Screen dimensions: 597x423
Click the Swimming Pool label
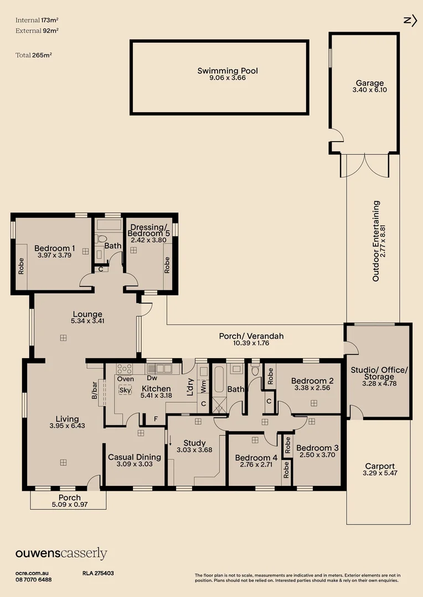(x=228, y=71)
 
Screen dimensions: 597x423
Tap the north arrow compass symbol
(x=410, y=20)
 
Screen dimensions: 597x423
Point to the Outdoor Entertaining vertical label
(x=376, y=241)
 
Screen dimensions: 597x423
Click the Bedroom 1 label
(x=54, y=248)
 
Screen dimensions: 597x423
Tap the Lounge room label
(x=86, y=315)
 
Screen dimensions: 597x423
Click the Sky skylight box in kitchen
(x=125, y=390)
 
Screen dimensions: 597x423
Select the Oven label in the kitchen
(x=125, y=379)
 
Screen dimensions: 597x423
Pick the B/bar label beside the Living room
(x=94, y=390)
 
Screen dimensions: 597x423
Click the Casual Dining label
(x=135, y=457)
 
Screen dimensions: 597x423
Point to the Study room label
(x=194, y=443)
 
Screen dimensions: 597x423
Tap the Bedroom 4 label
(x=256, y=458)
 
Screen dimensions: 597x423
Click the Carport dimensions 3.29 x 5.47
(x=379, y=473)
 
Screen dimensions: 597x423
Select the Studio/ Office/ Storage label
(x=379, y=376)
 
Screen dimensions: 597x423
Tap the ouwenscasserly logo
(x=61, y=554)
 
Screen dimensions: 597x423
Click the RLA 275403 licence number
(x=99, y=574)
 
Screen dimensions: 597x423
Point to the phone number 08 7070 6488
(x=34, y=579)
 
